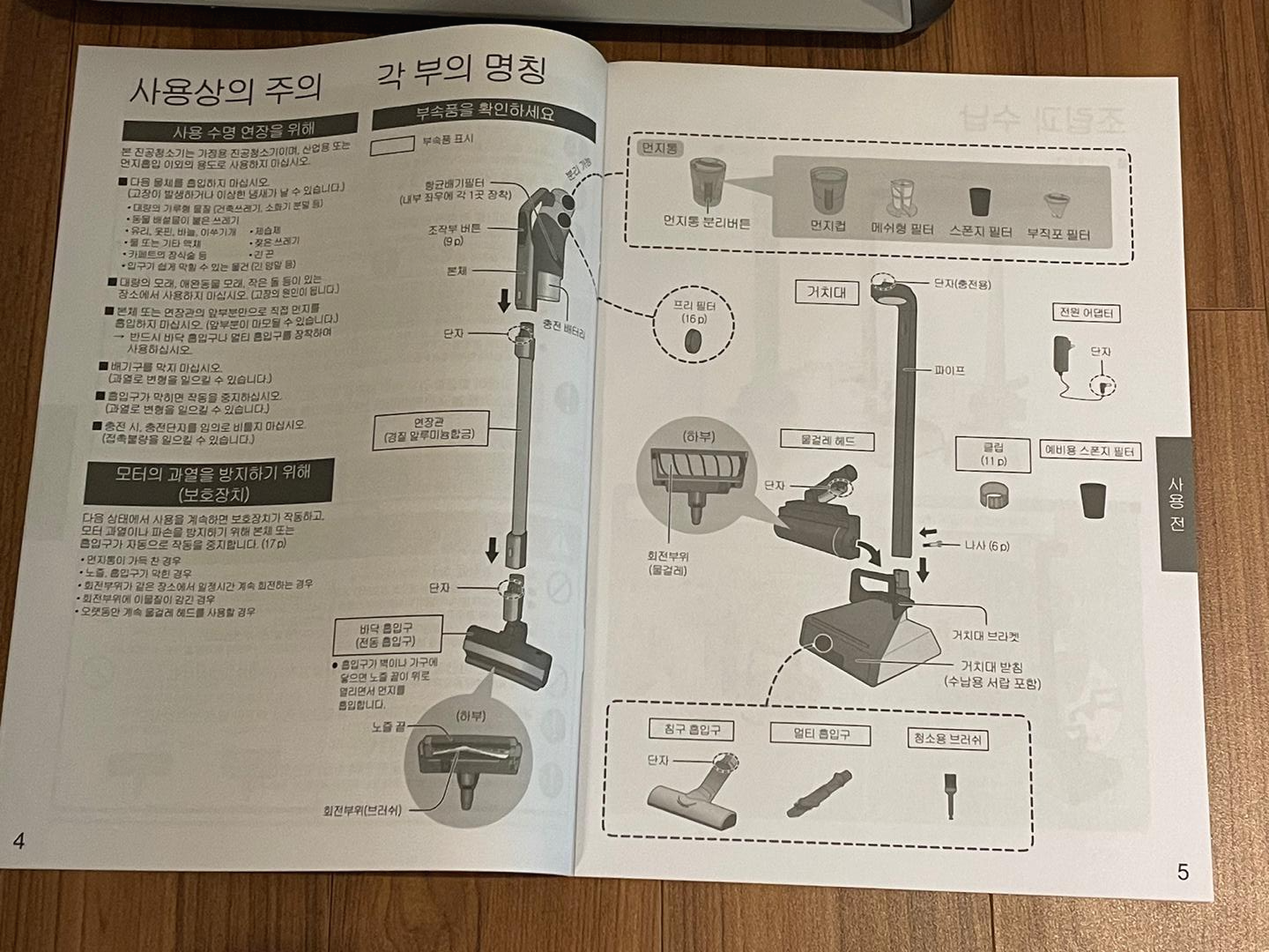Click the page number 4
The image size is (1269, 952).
[19, 840]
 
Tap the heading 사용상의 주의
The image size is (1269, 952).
[225, 88]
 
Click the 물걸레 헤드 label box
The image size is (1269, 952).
[827, 440]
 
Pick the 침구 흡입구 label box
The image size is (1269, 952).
[691, 729]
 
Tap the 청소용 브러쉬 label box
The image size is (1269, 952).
[946, 739]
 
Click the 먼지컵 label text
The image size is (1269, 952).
[828, 227]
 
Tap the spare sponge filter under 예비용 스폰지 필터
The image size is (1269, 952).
[1092, 498]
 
